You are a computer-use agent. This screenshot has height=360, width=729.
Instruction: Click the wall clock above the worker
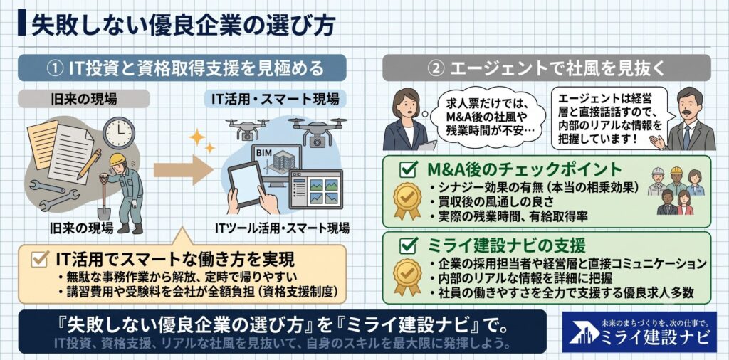[119, 132]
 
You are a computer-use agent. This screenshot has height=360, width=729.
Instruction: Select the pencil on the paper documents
[89, 164]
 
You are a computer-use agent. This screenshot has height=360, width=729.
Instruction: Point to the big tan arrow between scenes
[183, 169]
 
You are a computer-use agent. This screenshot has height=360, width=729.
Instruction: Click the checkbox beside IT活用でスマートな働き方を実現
[41, 258]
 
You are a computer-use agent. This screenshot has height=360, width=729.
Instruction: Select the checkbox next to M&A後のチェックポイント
[408, 170]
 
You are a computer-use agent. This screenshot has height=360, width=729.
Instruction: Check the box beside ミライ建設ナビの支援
[408, 244]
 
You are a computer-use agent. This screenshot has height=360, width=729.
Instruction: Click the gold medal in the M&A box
[407, 200]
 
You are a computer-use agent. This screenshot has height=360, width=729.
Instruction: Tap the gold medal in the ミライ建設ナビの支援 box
[407, 276]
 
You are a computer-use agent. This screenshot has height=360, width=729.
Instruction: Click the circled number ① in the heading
[56, 69]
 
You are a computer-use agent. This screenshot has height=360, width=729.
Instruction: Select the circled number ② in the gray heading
[434, 69]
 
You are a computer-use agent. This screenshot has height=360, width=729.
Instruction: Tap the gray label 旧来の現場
[84, 99]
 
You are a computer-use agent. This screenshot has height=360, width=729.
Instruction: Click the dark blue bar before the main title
[22, 26]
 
